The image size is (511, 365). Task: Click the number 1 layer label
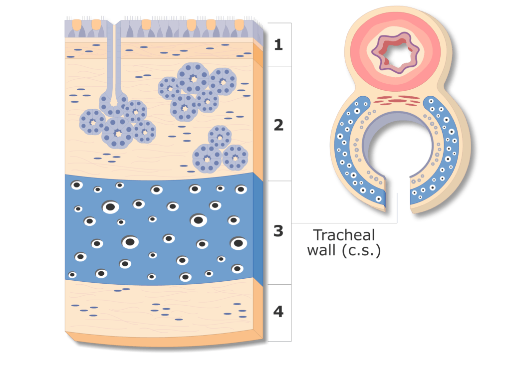(278, 44)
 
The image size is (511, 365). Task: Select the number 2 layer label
(278, 125)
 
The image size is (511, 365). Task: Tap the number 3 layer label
(278, 231)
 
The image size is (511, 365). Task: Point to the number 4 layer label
(278, 312)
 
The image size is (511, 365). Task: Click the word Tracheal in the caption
(344, 235)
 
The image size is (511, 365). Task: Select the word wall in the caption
(321, 250)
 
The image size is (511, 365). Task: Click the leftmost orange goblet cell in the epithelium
(76, 25)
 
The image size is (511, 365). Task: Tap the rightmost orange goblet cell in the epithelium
(239, 25)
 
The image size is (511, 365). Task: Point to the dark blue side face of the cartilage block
(258, 229)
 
